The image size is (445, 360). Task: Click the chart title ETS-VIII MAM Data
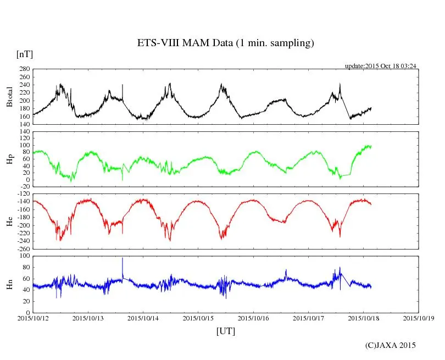225,43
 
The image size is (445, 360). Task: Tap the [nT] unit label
24,54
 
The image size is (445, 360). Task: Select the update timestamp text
380,66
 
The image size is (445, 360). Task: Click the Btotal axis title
9,97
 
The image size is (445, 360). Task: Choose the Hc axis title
9,221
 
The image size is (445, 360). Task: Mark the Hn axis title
9,284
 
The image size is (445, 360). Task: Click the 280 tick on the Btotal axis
24,69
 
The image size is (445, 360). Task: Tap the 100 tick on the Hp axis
24,145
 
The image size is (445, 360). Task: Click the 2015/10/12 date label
33,318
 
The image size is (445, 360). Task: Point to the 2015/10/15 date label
198,318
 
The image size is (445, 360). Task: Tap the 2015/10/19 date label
418,318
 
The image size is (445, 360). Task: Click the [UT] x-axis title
225,331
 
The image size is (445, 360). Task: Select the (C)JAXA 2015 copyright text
390,345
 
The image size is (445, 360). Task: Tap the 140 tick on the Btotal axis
24,124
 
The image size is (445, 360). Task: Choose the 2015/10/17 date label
308,318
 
